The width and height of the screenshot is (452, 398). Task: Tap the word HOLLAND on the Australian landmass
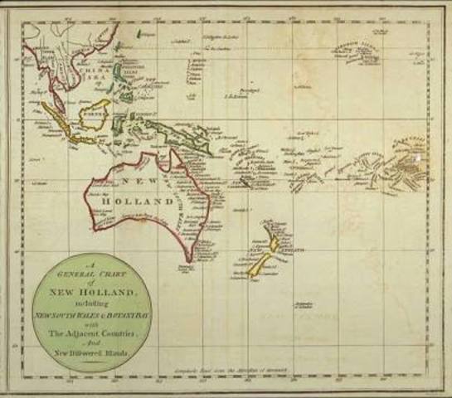tap(139, 201)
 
